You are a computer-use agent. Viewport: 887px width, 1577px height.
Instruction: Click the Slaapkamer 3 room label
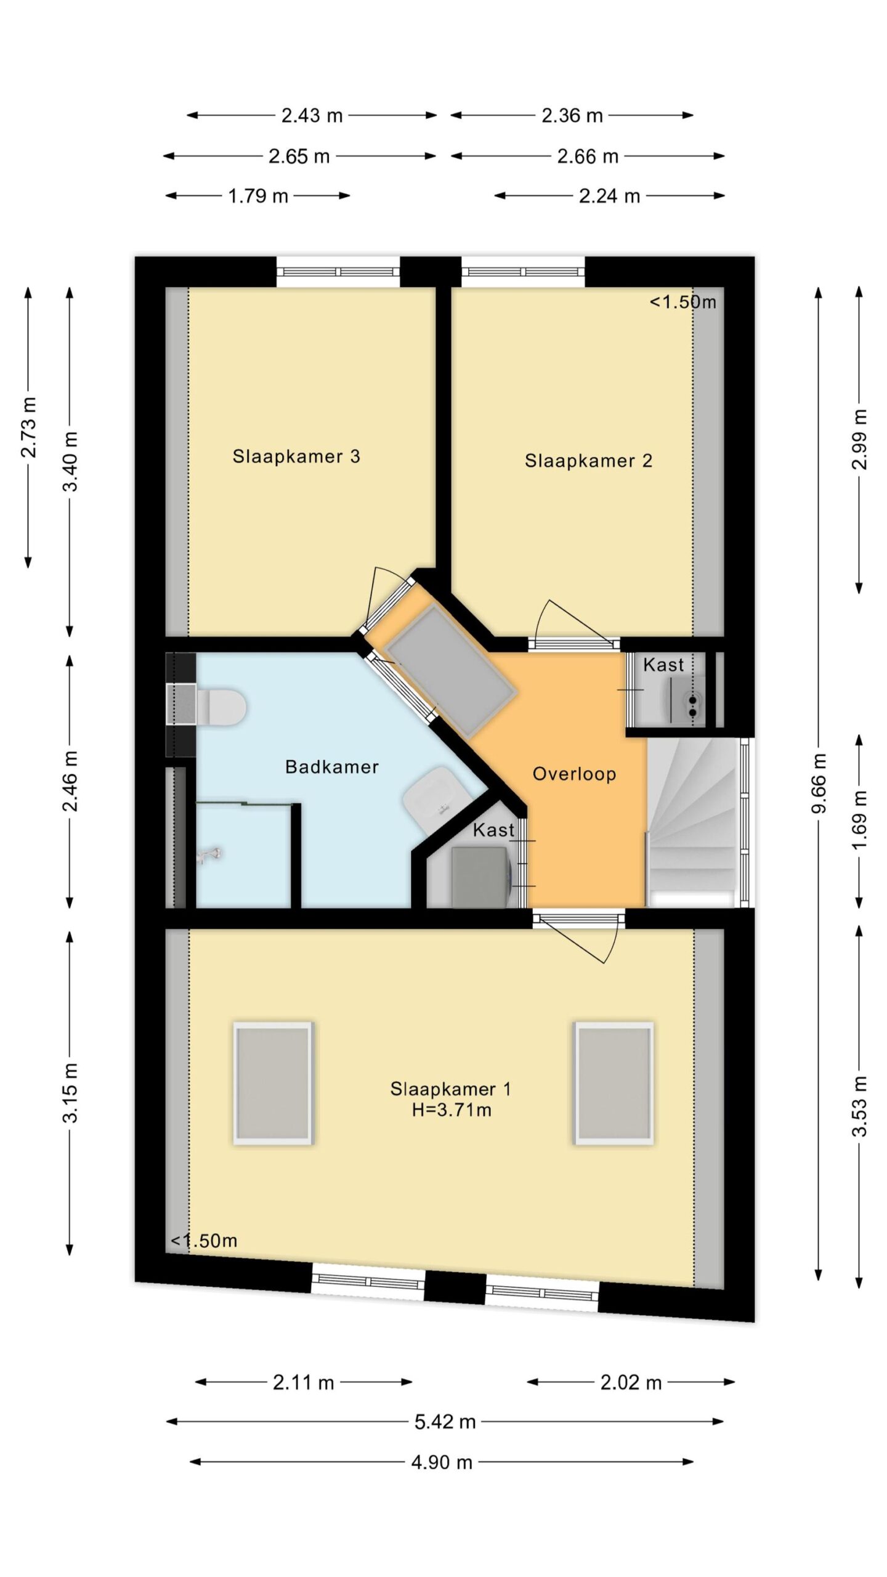(x=296, y=456)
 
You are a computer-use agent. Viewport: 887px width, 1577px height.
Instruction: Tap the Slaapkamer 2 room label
(x=588, y=461)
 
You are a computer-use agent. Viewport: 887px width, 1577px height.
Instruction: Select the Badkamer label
(x=331, y=767)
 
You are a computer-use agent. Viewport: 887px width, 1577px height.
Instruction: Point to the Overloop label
(x=574, y=774)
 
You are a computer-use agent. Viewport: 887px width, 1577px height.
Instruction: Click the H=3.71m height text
(x=452, y=1110)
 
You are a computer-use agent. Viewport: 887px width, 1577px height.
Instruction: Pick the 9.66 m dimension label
(x=819, y=783)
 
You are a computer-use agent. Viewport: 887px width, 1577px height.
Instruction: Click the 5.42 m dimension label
(x=445, y=1422)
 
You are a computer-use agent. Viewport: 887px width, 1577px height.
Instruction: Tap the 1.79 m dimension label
(x=258, y=196)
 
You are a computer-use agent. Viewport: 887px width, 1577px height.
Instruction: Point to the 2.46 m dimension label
(x=70, y=781)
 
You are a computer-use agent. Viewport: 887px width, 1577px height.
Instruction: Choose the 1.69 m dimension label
(x=859, y=820)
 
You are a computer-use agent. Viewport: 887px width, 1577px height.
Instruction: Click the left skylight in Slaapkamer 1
(x=273, y=1084)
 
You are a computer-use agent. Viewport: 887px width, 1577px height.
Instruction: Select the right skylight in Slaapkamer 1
(x=614, y=1084)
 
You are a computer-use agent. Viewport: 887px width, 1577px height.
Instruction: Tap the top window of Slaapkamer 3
(x=338, y=272)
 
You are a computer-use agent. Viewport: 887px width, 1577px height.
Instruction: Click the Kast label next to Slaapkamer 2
(x=663, y=665)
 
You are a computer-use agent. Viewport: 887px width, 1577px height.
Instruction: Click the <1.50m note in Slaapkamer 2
(x=683, y=302)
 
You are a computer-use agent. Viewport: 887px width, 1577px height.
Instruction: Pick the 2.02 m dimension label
(x=631, y=1383)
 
